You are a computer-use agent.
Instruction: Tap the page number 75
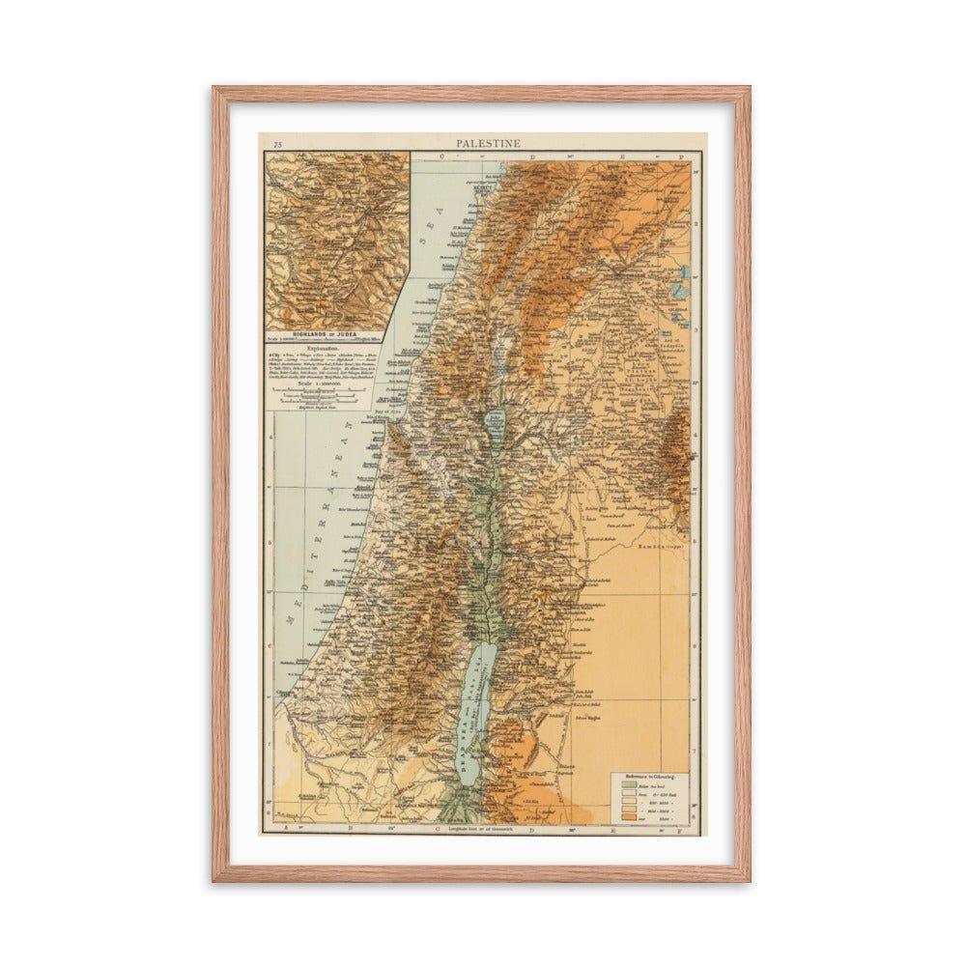277,144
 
